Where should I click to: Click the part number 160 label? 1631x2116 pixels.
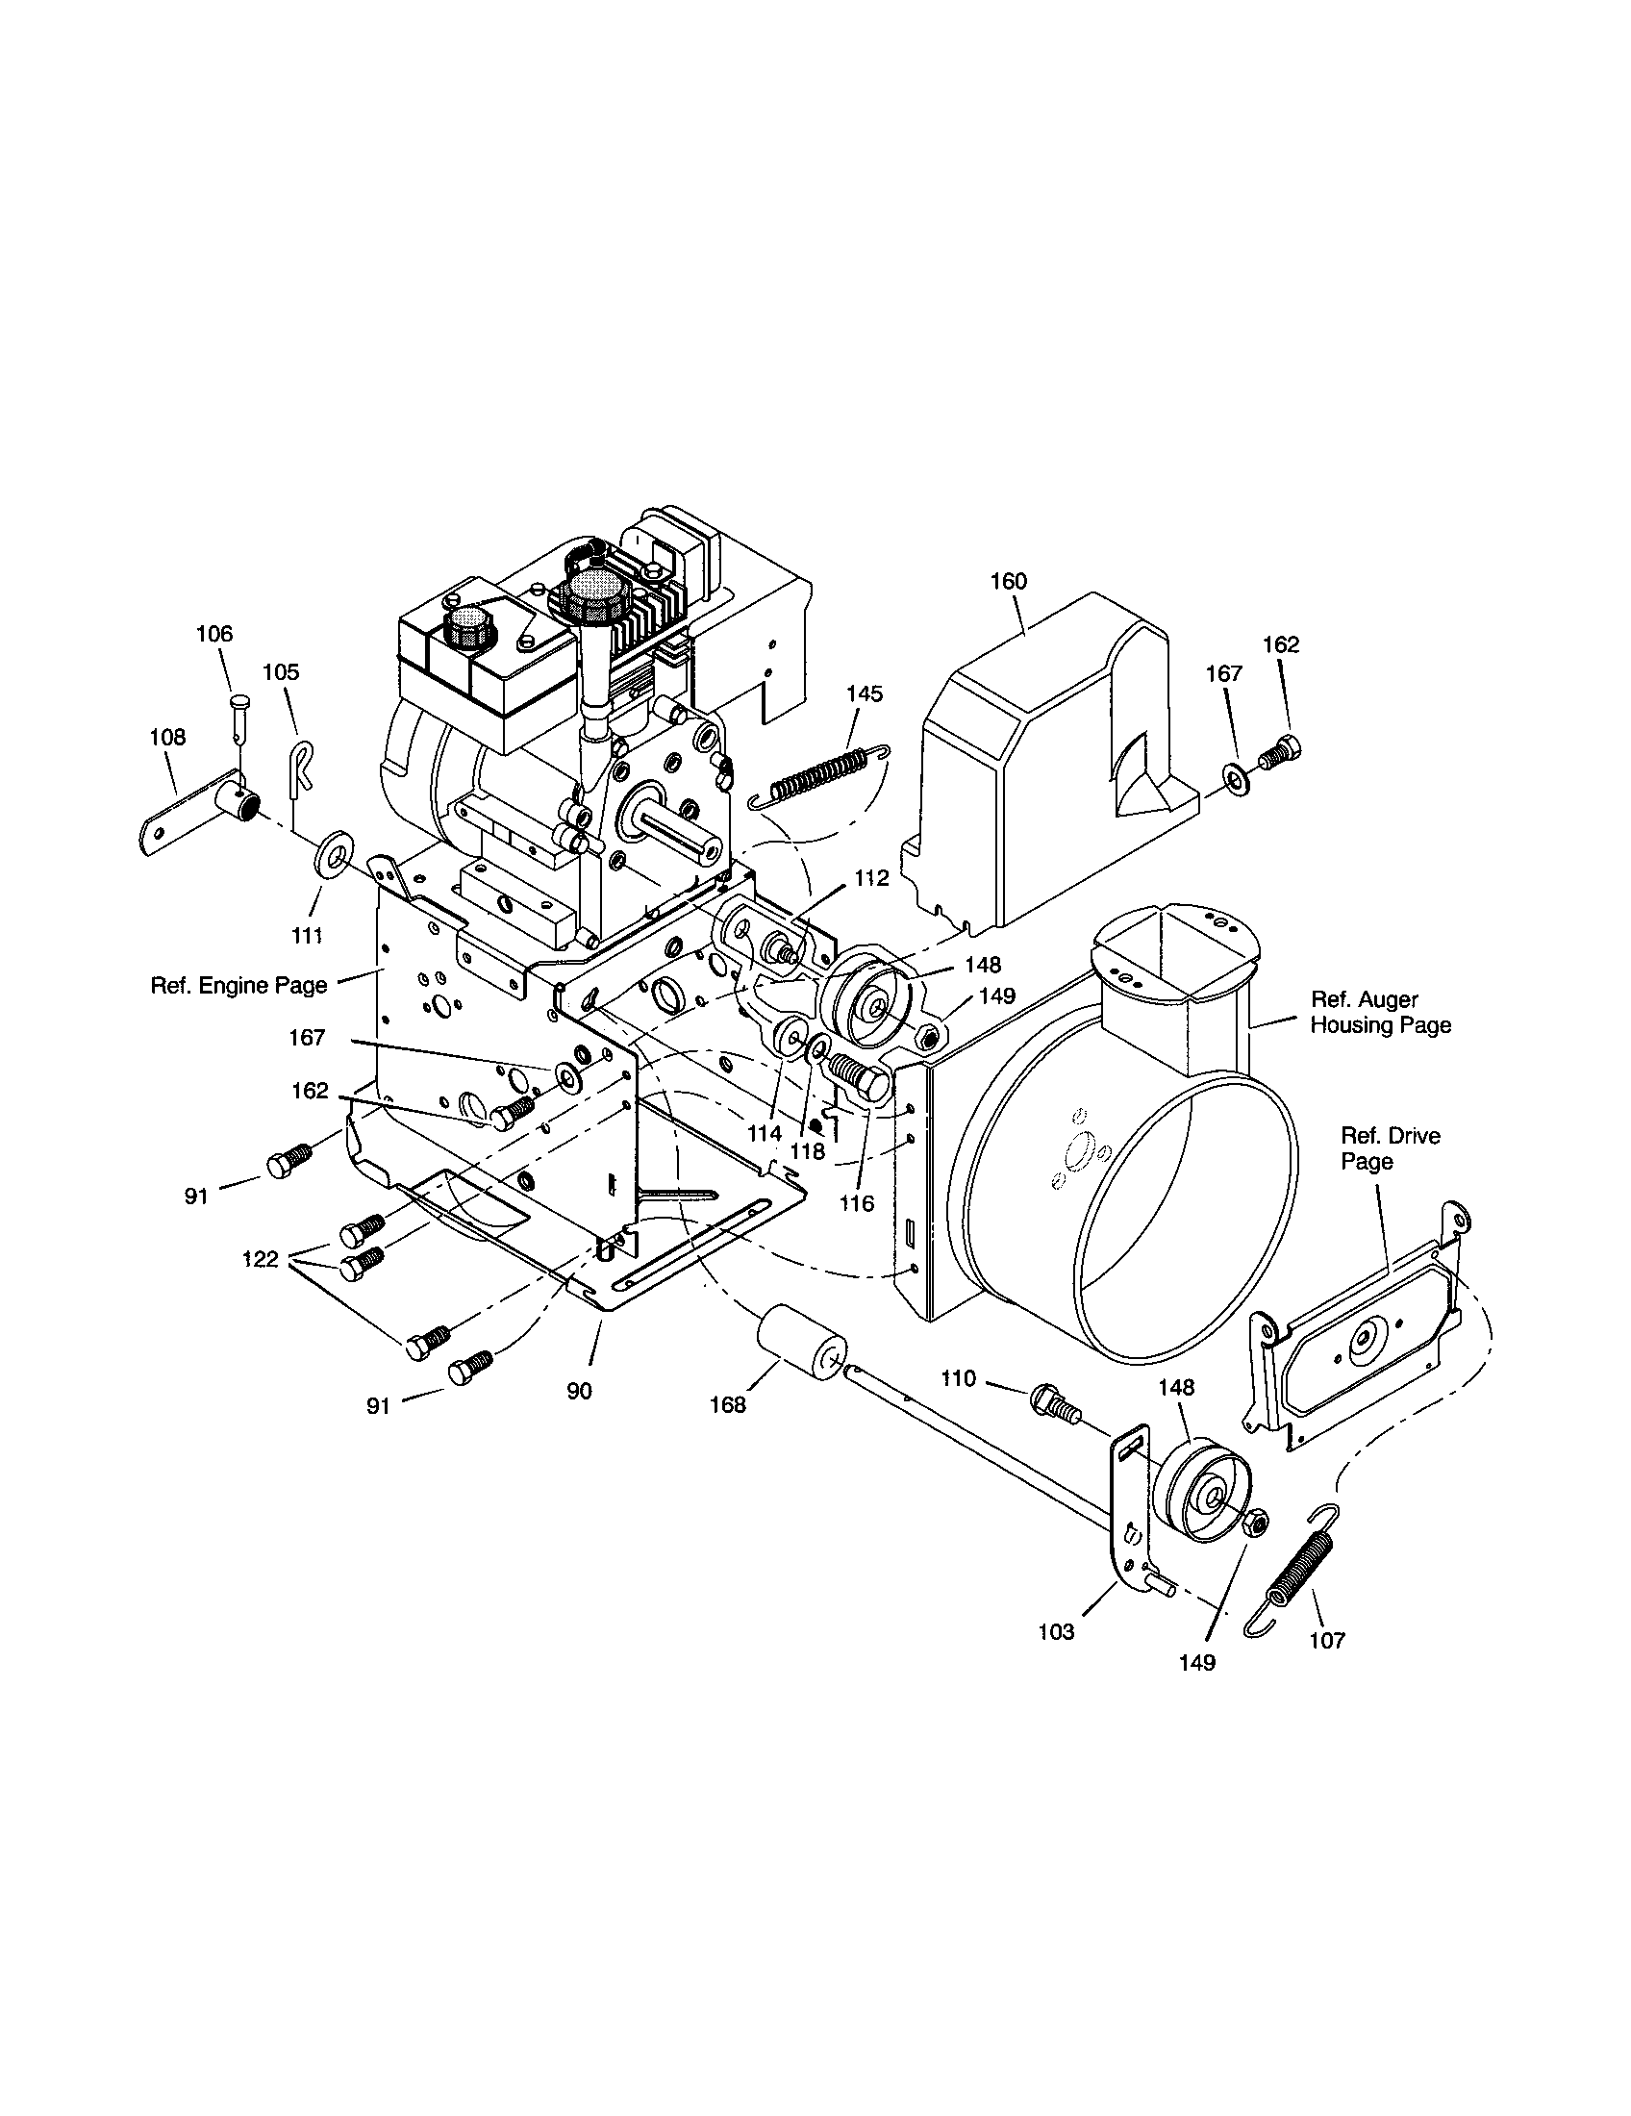click(x=1007, y=581)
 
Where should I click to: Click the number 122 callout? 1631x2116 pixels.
click(x=261, y=1259)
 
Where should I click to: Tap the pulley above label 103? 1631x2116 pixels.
click(x=1207, y=1491)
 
